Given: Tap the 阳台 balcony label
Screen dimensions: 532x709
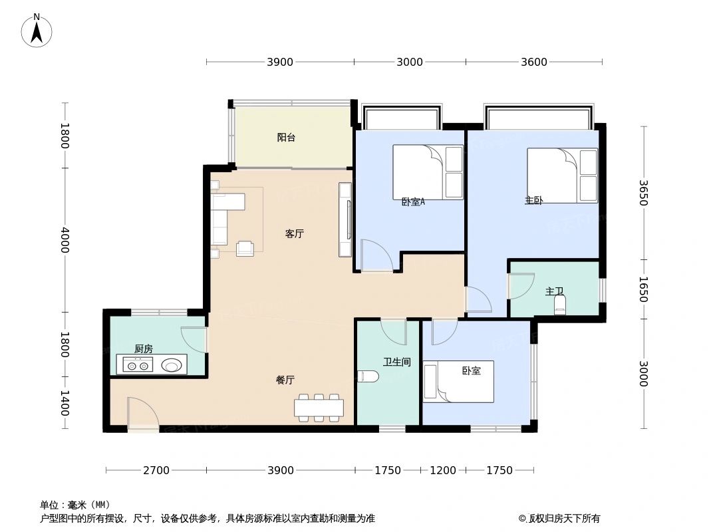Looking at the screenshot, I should [x=286, y=138].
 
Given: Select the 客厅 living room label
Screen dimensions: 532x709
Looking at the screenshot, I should [x=294, y=234].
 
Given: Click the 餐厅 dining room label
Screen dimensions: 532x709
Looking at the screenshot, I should [x=285, y=380].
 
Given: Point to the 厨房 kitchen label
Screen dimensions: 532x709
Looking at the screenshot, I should [x=143, y=348].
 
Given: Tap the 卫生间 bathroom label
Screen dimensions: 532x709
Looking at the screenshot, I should [x=396, y=362].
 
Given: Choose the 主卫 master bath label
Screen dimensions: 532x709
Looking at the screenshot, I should [x=554, y=291].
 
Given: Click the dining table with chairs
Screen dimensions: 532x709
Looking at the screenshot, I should [x=319, y=408].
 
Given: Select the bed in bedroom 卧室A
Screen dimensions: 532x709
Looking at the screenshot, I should [x=428, y=172].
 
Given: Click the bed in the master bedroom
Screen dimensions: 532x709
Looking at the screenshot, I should [x=562, y=176].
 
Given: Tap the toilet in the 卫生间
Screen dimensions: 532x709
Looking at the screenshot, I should [x=367, y=376].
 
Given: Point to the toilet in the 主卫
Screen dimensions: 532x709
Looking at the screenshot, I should [x=559, y=305].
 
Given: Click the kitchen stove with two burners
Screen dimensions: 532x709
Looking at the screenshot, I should [x=138, y=364].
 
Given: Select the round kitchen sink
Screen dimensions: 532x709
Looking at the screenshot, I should [x=172, y=364].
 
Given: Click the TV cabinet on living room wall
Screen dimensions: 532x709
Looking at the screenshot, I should [x=345, y=219].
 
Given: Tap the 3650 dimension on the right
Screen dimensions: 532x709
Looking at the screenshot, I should [x=642, y=193].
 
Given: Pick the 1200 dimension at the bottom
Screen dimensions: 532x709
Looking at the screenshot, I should [x=443, y=470].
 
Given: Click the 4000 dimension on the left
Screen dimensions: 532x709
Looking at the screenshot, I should [x=65, y=239].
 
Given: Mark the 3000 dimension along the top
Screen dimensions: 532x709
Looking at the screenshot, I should [x=410, y=62].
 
